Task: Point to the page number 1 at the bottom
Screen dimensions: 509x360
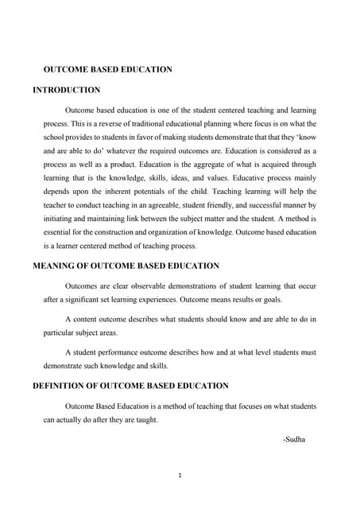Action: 180,476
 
